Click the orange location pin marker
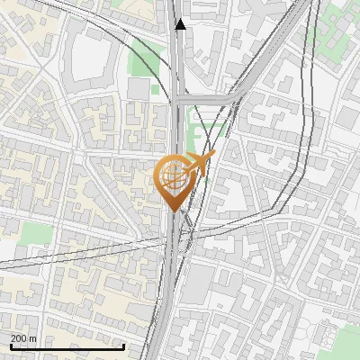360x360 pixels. click(174, 180)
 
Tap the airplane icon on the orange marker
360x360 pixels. click(199, 164)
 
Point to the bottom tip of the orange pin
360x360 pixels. click(174, 211)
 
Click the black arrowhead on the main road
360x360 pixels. click(181, 24)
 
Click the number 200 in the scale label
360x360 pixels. click(19, 338)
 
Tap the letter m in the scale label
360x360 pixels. click(33, 338)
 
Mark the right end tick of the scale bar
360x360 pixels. click(123, 345)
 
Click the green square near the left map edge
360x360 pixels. click(33, 233)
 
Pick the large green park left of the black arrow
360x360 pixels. click(147, 58)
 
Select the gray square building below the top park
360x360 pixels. click(138, 89)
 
